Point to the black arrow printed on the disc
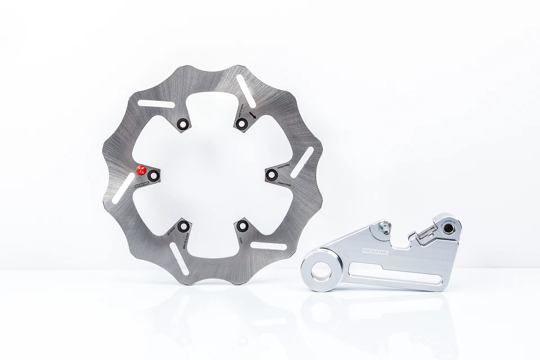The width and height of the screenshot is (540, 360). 253,115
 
